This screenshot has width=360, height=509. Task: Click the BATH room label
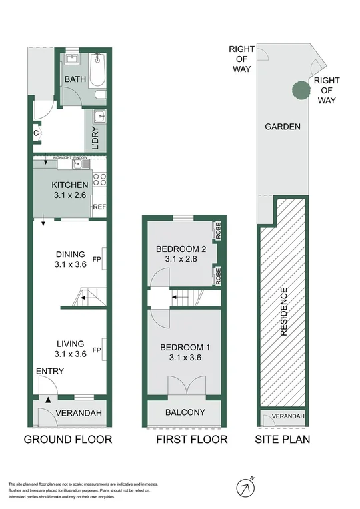pos(73,80)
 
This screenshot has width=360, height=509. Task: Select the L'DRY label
pos(97,139)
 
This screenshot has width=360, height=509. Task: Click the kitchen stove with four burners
pos(99,179)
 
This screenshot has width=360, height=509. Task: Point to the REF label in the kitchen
pos(99,207)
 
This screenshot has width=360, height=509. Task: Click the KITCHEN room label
pos(70,185)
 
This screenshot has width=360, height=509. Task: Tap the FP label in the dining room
pos(97,259)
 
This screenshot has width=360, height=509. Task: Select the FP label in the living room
pos(97,350)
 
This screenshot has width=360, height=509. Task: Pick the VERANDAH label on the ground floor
pos(78,413)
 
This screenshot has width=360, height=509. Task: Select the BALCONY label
pos(185,412)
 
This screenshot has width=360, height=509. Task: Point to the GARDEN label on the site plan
pos(283,127)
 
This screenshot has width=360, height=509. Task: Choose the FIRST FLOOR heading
pos(191,439)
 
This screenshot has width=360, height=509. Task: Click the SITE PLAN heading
pos(283,439)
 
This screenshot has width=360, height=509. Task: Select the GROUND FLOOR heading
pos(67,439)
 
